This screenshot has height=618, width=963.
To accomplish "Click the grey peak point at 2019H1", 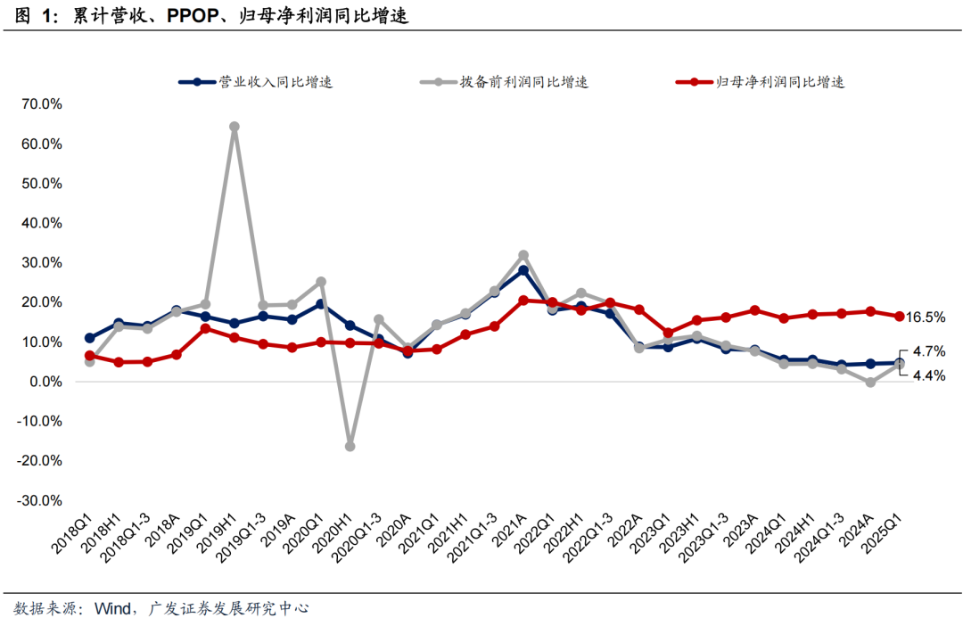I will [234, 127].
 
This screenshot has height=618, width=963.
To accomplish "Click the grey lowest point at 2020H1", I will [350, 446].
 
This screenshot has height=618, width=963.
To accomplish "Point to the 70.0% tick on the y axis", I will [40, 103].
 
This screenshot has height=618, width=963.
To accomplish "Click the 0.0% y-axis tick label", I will [44, 382].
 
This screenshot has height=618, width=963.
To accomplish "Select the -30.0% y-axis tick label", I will [38, 500].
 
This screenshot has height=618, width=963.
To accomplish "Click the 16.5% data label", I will [926, 317].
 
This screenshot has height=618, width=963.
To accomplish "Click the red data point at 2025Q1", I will [900, 317].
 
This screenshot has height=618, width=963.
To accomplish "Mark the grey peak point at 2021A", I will [523, 256].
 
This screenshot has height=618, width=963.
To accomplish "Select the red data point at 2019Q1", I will [205, 328].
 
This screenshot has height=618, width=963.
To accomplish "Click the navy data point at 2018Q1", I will [89, 338].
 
